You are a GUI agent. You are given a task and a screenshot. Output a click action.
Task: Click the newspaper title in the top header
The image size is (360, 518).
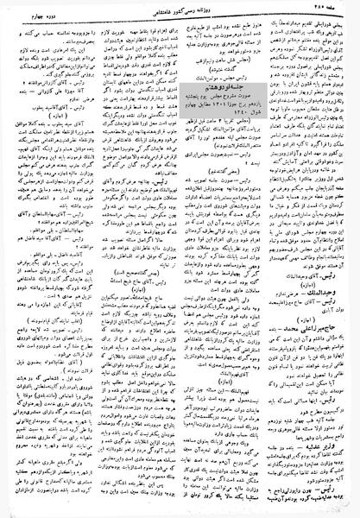click(x=178, y=8)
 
